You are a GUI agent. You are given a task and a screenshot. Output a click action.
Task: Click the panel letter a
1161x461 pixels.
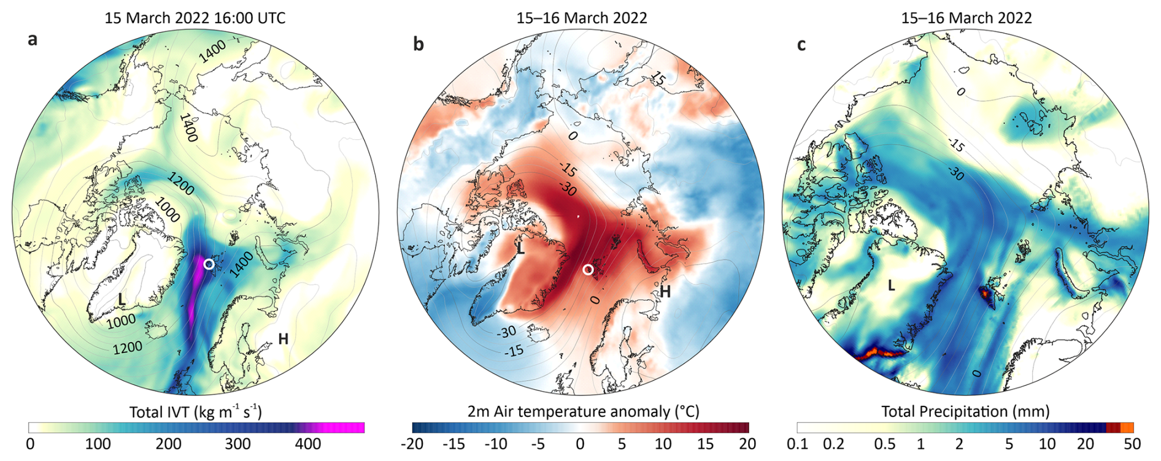coord(33,40)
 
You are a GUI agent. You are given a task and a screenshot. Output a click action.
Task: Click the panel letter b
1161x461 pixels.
coord(418,44)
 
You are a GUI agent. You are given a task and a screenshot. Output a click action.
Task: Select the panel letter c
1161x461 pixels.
coord(801,45)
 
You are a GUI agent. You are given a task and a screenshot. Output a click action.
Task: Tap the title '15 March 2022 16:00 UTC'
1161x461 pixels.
coord(195,18)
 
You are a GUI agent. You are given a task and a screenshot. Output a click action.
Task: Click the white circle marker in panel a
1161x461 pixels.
coord(209,264)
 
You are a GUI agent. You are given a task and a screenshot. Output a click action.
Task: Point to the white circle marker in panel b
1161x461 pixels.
coord(588,270)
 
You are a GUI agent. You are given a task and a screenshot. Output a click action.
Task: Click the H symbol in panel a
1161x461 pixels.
coord(283,339)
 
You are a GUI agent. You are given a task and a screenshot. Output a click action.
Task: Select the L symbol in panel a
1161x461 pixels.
coord(121,300)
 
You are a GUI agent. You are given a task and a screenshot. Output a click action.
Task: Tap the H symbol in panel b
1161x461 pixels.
coord(665,292)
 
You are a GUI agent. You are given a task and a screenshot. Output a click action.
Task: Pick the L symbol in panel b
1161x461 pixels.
coord(520,248)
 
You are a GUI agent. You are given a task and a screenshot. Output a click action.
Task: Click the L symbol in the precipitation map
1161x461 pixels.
coord(891,285)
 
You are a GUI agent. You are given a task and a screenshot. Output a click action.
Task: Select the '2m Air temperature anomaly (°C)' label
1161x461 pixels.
coord(583,411)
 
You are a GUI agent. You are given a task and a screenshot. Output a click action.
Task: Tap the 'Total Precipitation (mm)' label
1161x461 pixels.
coord(965,411)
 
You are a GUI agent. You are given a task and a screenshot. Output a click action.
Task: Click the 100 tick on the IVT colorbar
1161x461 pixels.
coord(98,444)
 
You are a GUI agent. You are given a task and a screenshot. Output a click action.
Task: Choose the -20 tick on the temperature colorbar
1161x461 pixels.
coord(412,444)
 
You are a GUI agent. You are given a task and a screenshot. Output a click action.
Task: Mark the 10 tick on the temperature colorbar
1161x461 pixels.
coord(663,444)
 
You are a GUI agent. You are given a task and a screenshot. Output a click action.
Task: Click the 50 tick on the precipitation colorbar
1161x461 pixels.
coord(1133,444)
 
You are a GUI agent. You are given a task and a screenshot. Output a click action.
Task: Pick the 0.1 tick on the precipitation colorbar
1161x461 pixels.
coord(796,444)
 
